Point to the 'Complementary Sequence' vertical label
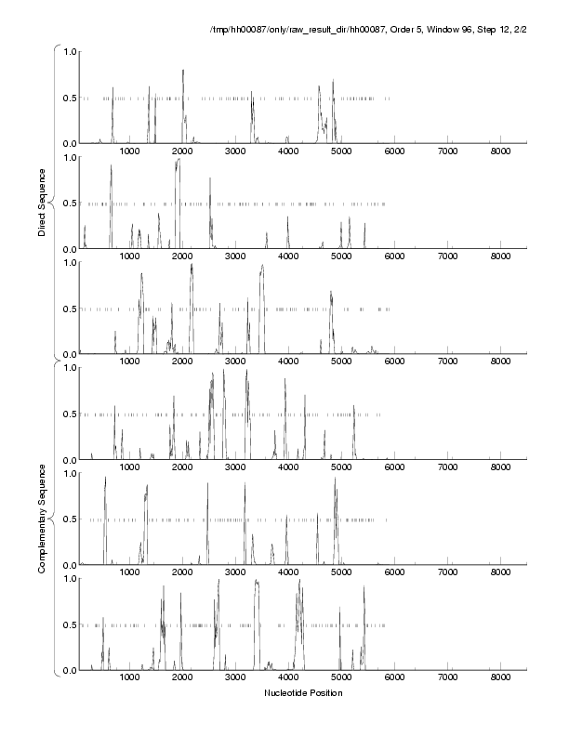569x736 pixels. [43, 516]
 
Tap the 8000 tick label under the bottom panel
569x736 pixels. [501, 678]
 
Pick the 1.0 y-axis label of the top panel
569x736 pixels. [68, 51]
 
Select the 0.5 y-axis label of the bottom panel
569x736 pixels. [68, 624]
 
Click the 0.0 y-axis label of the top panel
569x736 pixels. [68, 143]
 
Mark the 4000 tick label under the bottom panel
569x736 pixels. [288, 678]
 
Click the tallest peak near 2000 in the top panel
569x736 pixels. [183, 71]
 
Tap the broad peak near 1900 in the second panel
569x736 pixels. [178, 160]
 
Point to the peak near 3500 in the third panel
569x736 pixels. [262, 266]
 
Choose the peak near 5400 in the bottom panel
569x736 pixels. [364, 587]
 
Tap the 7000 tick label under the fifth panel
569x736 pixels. [448, 573]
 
